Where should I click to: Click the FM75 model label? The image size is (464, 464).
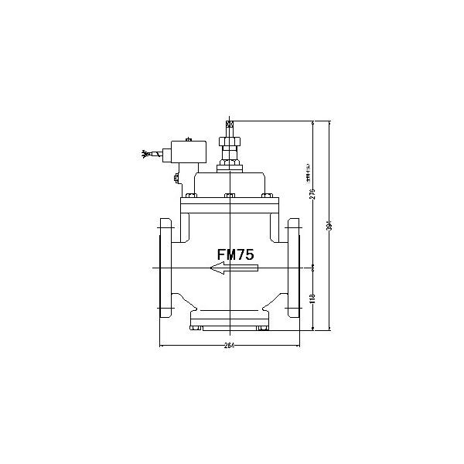click(234, 253)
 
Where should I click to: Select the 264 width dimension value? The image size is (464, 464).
click(230, 346)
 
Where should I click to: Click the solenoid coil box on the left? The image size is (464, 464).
click(189, 150)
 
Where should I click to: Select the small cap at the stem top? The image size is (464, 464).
click(229, 124)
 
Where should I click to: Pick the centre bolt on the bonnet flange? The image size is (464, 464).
click(229, 196)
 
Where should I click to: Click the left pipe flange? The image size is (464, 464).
click(165, 268)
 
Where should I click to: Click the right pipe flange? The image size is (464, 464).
click(293, 268)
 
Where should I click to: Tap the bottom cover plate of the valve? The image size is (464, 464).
click(229, 318)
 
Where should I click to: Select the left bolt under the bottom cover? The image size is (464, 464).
click(199, 328)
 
